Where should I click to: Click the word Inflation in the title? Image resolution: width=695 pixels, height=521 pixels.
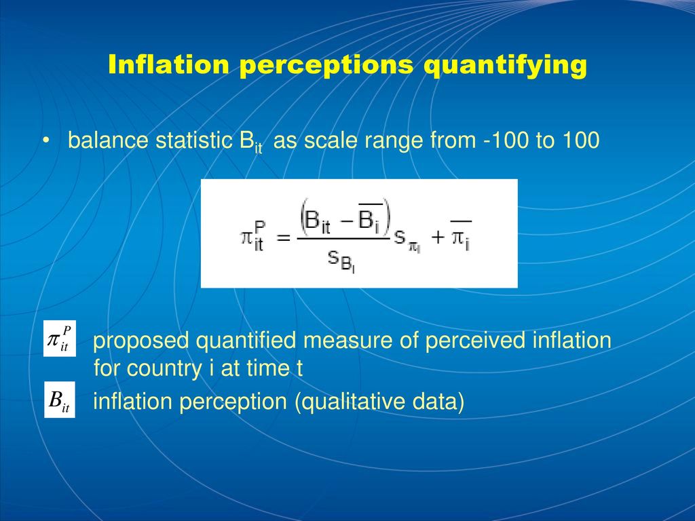[168, 64]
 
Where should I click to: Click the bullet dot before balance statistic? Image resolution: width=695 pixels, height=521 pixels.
[45, 141]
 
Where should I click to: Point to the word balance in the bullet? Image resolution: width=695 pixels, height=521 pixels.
[108, 140]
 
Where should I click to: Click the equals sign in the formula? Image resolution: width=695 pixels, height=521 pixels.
[283, 238]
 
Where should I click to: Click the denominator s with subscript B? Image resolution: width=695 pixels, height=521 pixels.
[341, 260]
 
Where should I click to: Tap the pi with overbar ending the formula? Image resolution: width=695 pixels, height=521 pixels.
[461, 235]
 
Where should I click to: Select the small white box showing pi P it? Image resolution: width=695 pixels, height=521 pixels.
[60, 339]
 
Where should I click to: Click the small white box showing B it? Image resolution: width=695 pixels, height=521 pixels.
[60, 399]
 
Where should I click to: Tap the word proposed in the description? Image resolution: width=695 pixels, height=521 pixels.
[141, 341]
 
